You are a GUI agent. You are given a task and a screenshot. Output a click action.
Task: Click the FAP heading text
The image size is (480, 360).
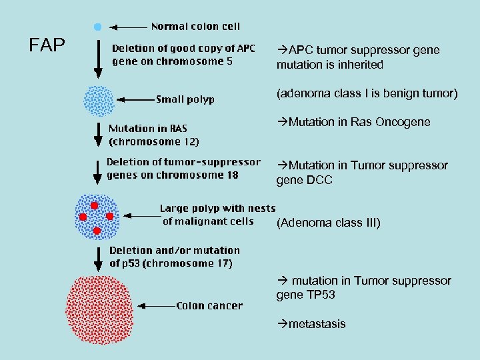click(47, 45)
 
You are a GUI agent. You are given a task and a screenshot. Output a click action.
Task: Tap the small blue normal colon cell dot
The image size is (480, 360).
click(98, 27)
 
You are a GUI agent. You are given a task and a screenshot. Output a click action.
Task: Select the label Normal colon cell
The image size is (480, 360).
click(195, 27)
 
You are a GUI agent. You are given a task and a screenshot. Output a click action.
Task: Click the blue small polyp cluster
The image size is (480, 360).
click(99, 101)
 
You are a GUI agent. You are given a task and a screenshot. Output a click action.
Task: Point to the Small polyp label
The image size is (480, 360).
click(185, 99)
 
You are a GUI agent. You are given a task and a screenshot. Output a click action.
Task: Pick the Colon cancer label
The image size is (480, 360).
click(209, 306)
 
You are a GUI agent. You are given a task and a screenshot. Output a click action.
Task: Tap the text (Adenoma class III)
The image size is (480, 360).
click(329, 223)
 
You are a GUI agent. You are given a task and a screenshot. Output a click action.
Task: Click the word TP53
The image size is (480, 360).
click(321, 294)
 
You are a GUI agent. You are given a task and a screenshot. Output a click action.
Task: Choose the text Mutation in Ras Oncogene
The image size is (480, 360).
click(353, 122)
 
